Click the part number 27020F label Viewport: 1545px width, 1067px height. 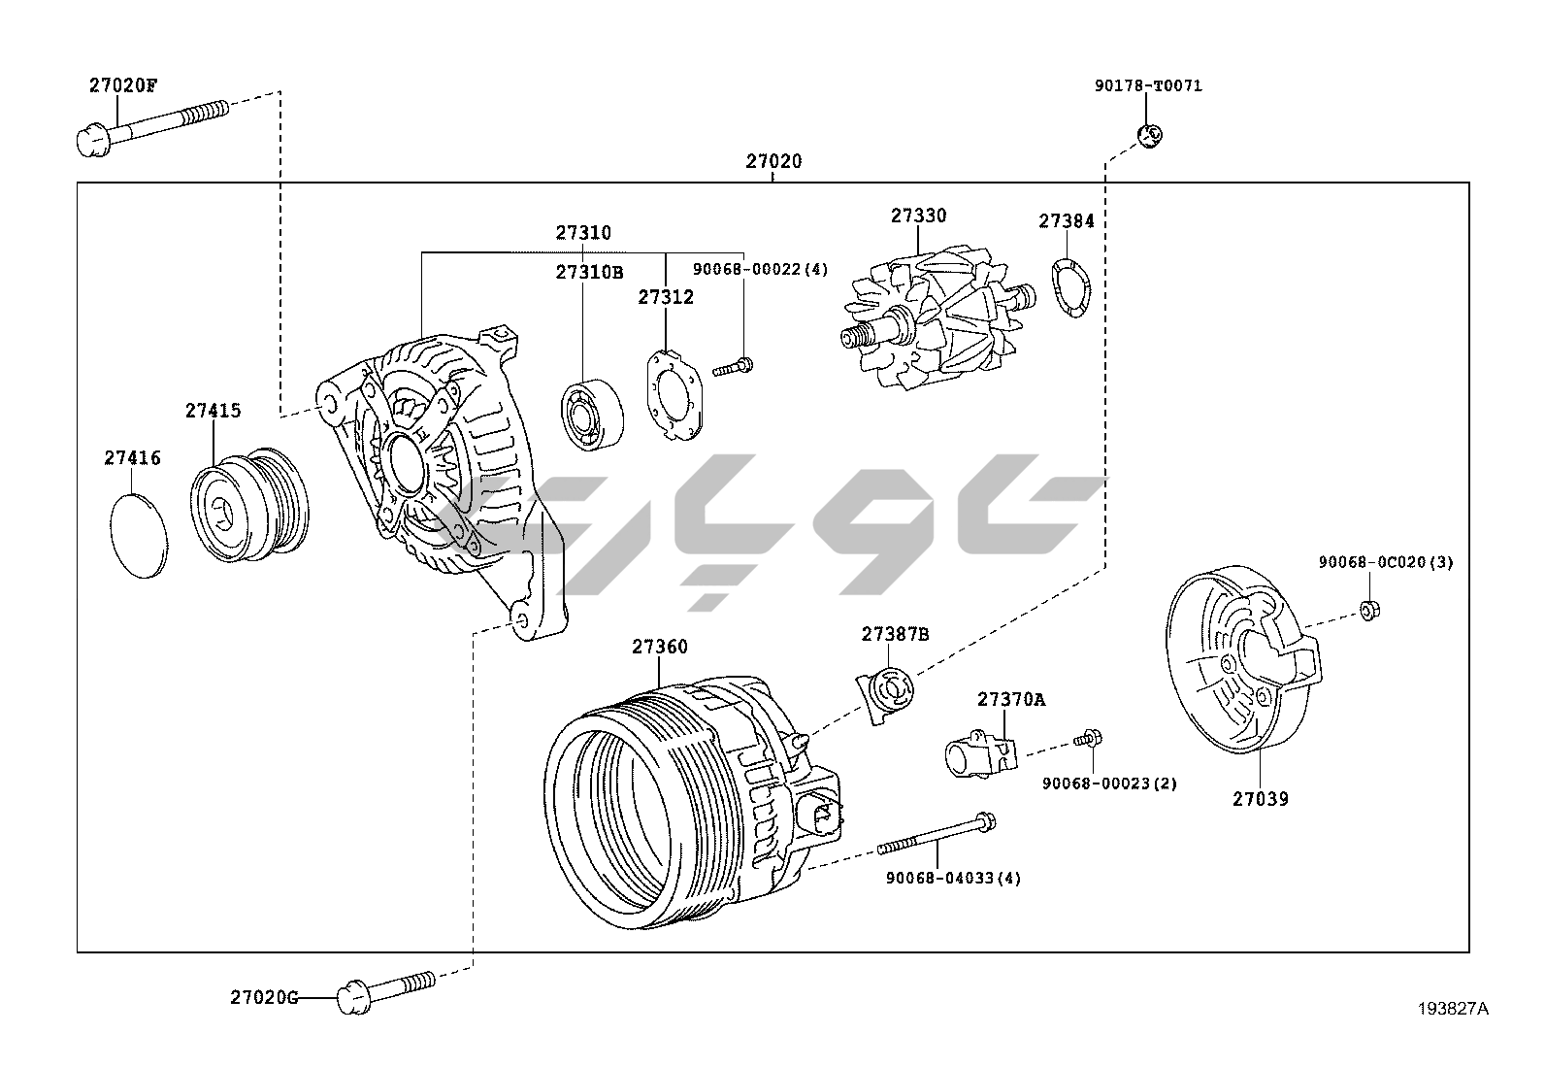(x=122, y=84)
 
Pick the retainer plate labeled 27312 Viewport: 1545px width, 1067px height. (x=674, y=394)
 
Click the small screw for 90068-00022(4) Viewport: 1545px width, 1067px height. (x=735, y=367)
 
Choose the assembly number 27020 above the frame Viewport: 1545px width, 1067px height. (x=773, y=161)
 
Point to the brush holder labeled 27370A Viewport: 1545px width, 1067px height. (x=978, y=754)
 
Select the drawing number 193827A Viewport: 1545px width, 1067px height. (x=1452, y=1008)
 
